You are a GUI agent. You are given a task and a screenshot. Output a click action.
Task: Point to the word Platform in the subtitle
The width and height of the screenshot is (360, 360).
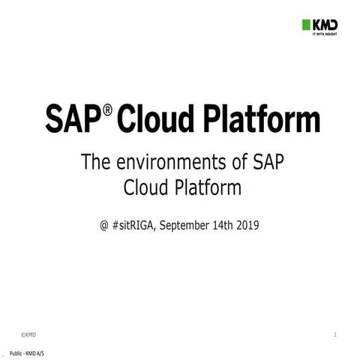[209, 184]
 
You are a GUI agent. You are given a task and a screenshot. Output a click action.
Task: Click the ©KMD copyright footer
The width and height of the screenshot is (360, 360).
[28, 333]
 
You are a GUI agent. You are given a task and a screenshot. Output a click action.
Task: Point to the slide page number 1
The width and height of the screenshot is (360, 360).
[334, 333]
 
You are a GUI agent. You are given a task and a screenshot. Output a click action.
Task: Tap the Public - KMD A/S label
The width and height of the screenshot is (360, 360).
[25, 352]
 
